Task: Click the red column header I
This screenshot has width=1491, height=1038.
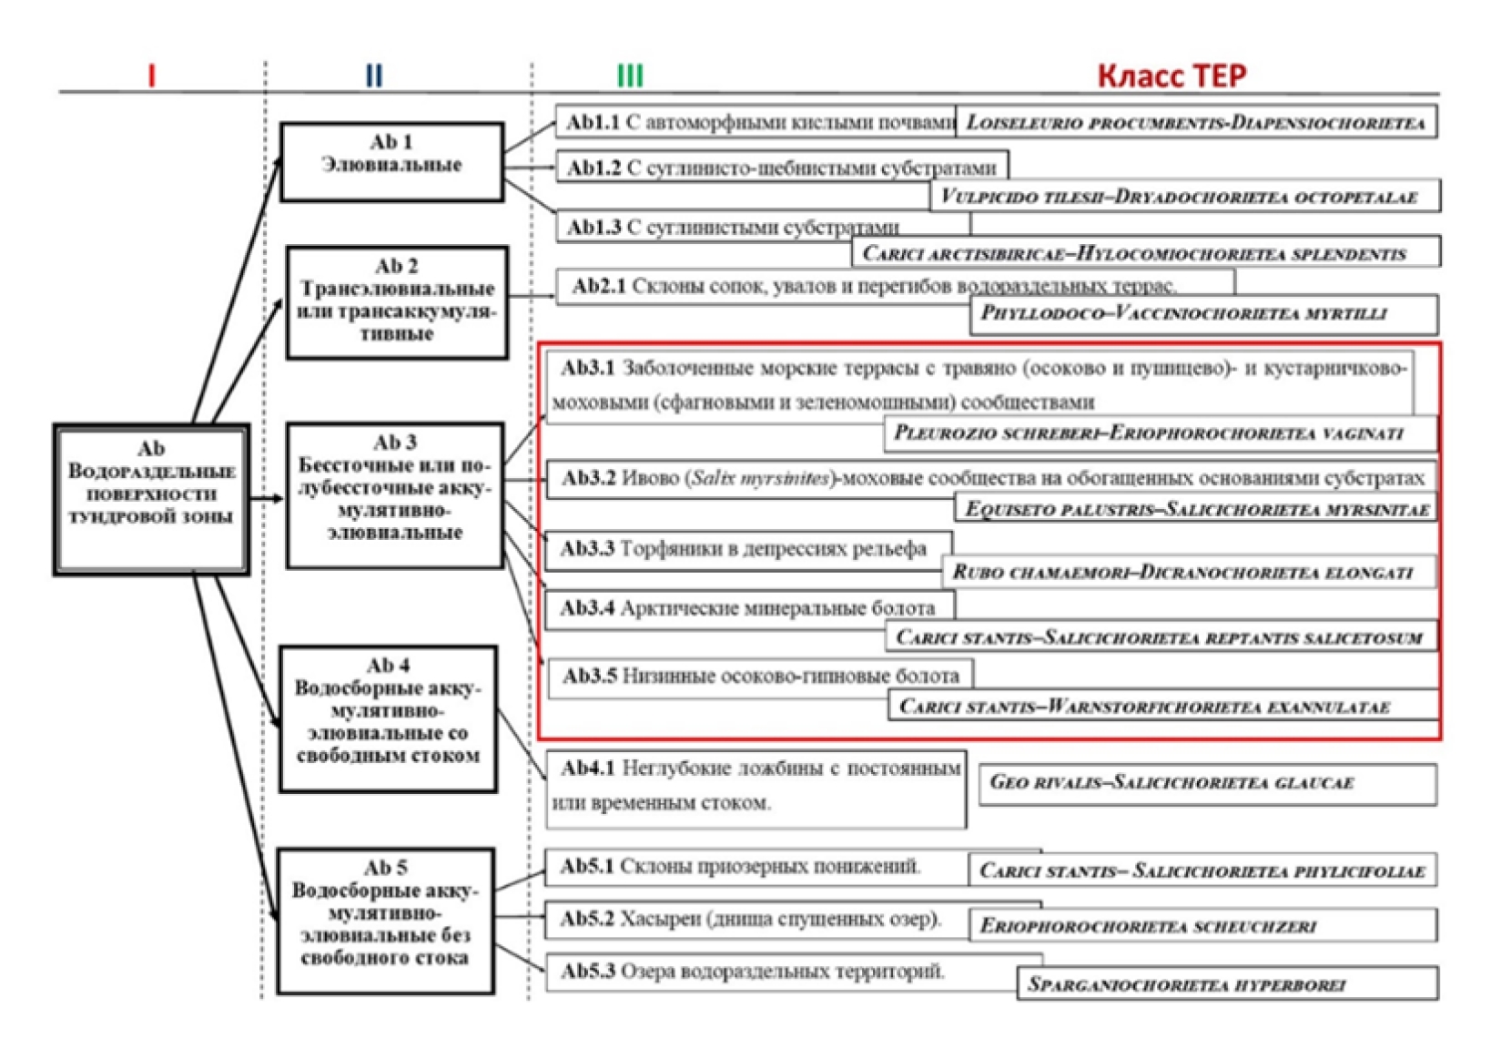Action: tap(151, 75)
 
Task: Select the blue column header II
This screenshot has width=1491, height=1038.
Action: tap(373, 75)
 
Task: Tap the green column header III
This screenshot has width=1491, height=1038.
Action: tap(630, 75)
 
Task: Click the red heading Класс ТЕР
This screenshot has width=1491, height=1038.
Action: tap(1171, 75)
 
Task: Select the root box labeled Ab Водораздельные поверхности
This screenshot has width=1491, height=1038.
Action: tap(151, 499)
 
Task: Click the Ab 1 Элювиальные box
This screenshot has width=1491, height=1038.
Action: tap(391, 161)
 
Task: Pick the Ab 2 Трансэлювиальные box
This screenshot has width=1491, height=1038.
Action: tap(397, 301)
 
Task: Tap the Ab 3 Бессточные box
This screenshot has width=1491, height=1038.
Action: tap(394, 494)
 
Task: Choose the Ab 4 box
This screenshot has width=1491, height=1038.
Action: tap(388, 717)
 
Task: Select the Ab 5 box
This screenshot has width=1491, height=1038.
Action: tap(386, 921)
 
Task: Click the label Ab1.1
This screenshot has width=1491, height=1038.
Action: tap(593, 122)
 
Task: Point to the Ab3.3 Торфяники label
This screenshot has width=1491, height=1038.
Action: tap(744, 549)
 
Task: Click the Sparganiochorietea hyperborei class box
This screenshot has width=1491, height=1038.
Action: tap(1227, 984)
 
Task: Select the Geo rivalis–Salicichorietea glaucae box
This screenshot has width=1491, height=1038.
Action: tap(1207, 783)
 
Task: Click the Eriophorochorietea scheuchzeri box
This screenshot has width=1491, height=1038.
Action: tap(1202, 927)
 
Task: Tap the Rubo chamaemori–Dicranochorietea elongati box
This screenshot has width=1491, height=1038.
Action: tap(1189, 573)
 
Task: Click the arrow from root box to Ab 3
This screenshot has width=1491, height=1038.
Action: tap(266, 498)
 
